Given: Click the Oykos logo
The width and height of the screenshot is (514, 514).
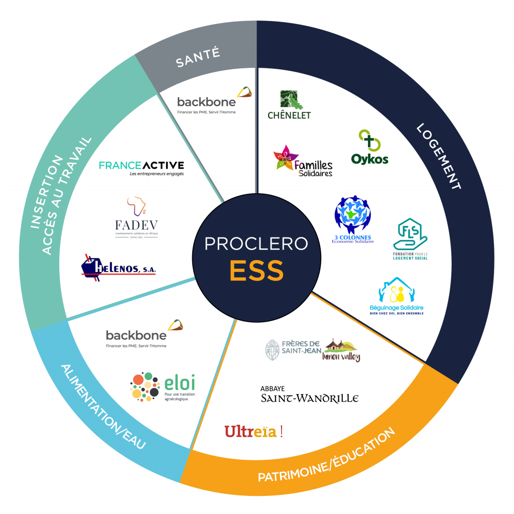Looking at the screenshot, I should pyautogui.click(x=368, y=149).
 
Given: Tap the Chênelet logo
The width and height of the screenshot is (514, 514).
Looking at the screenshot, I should pyautogui.click(x=289, y=105).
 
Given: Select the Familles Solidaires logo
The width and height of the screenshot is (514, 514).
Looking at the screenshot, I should pyautogui.click(x=303, y=161).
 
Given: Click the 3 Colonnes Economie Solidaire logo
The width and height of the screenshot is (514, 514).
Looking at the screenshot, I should pyautogui.click(x=353, y=219).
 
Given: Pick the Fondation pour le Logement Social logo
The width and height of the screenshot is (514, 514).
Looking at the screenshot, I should pyautogui.click(x=410, y=239).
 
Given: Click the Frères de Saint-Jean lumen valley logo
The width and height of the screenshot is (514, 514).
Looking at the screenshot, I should pyautogui.click(x=313, y=348).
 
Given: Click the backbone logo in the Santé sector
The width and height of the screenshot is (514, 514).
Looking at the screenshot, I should pyautogui.click(x=214, y=102).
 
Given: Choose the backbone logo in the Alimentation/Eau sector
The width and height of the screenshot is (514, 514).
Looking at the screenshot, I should pyautogui.click(x=144, y=336).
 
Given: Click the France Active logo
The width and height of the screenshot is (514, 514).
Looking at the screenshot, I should pyautogui.click(x=142, y=167).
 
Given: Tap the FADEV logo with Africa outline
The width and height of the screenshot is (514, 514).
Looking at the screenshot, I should pyautogui.click(x=136, y=217).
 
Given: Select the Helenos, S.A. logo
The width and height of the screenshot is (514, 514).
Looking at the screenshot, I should pyautogui.click(x=118, y=268).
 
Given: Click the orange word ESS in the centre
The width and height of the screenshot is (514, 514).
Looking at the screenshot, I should pyautogui.click(x=256, y=271).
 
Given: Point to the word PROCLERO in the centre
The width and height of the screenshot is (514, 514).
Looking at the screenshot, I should pyautogui.click(x=256, y=243).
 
